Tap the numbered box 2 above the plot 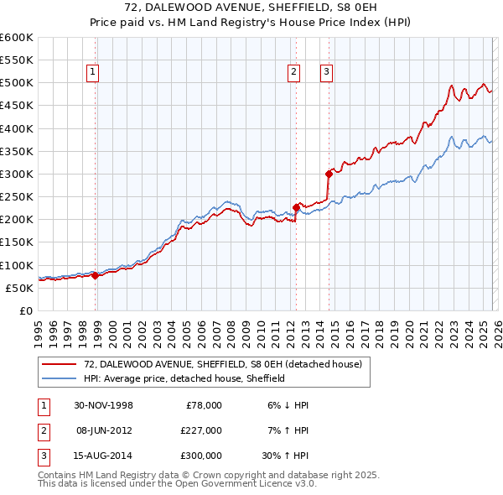click(x=294, y=73)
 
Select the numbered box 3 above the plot click(x=325, y=73)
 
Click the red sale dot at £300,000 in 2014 click(x=329, y=174)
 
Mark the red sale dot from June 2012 click(x=296, y=207)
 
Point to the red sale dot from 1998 click(x=96, y=275)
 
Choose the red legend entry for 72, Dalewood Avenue click(x=223, y=364)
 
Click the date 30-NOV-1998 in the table click(x=102, y=405)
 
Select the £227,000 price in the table click(x=200, y=430)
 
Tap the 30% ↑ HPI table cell click(x=287, y=456)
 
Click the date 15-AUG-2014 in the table click(x=102, y=456)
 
